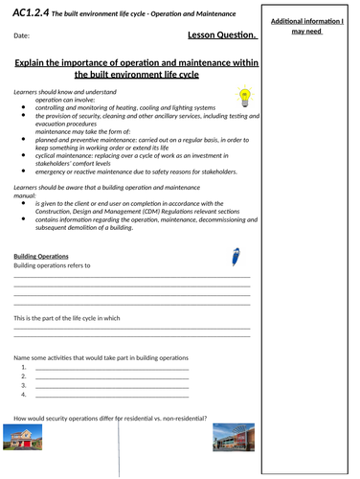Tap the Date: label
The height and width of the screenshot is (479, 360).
pos(23,36)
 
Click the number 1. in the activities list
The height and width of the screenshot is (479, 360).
pos(23,367)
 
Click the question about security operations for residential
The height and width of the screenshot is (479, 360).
pos(110,417)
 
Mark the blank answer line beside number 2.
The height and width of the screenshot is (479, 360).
pos(110,377)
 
